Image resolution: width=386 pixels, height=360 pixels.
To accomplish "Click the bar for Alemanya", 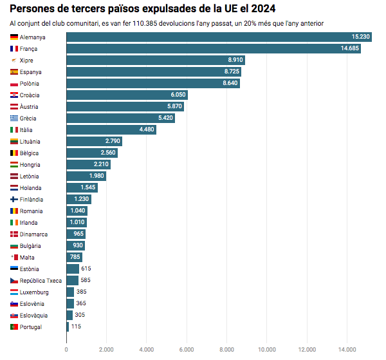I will click(x=219, y=37).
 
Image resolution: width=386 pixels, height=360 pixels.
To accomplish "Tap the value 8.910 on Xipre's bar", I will click(x=235, y=60).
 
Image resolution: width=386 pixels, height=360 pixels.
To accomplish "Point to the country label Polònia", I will click(x=30, y=84).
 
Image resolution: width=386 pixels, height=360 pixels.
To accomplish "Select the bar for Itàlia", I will click(x=111, y=129).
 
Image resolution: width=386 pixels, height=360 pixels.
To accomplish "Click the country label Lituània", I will click(x=30, y=141).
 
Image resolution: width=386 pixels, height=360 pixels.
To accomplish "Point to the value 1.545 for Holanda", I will click(x=88, y=187).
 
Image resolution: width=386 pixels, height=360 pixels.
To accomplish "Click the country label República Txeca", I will click(x=41, y=281).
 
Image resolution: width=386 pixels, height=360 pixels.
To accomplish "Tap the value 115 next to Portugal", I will click(x=76, y=327).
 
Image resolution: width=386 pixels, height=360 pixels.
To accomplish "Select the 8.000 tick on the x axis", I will click(x=226, y=350).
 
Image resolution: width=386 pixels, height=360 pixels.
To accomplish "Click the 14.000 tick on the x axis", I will click(x=347, y=350).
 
